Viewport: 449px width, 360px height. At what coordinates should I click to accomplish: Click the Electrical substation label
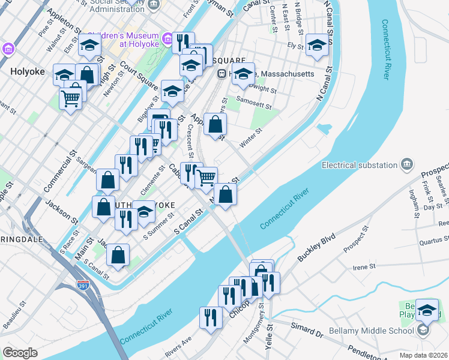tap(360, 164)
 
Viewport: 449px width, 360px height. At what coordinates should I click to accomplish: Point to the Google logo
tap(20, 353)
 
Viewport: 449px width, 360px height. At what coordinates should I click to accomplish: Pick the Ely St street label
tap(295, 45)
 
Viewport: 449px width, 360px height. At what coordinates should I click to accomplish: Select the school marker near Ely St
tap(317, 45)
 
